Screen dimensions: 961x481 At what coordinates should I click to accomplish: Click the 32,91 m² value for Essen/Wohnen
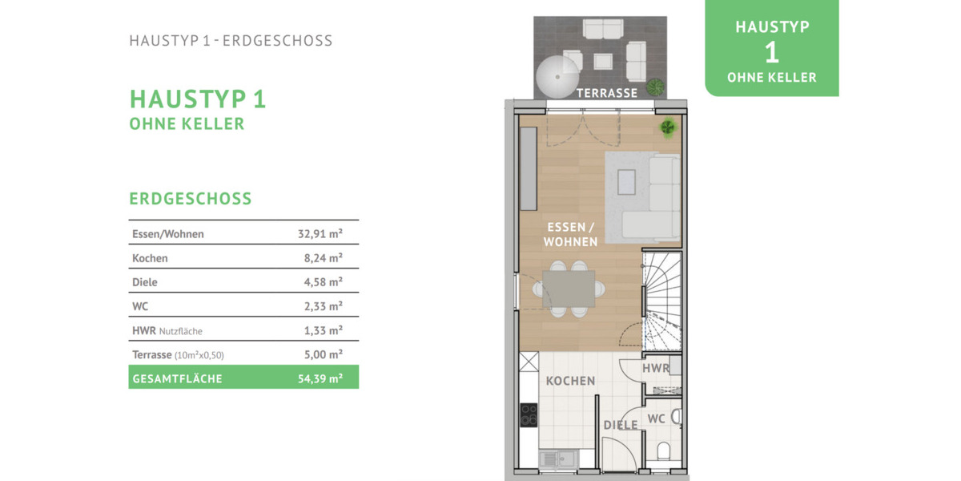320,233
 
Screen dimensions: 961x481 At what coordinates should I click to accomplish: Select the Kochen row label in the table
150,258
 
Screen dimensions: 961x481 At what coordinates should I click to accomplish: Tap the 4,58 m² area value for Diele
323,281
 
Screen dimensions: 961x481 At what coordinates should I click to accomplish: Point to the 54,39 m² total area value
320,378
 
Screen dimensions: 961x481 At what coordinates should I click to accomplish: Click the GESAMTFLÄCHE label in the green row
177,378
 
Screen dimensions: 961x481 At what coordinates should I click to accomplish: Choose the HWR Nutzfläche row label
167,330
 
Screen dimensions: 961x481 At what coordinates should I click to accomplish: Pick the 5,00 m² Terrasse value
323,354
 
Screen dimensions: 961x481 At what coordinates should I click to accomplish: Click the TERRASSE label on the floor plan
607,93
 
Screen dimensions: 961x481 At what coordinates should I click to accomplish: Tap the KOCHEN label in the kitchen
570,381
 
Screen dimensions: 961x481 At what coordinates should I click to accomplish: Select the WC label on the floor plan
656,418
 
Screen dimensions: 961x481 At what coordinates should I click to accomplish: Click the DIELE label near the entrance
621,425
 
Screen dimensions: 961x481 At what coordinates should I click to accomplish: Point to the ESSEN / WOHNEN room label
570,234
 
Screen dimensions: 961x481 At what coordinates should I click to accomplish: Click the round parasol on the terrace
557,77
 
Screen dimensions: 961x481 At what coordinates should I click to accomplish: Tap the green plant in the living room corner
668,127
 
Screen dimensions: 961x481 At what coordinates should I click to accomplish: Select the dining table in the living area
569,289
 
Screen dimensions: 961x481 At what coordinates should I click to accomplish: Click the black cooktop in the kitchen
529,415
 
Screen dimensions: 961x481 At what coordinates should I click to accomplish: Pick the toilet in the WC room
663,451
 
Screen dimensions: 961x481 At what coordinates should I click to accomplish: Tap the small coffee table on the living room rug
626,183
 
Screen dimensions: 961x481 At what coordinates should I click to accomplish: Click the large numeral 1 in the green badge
772,52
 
